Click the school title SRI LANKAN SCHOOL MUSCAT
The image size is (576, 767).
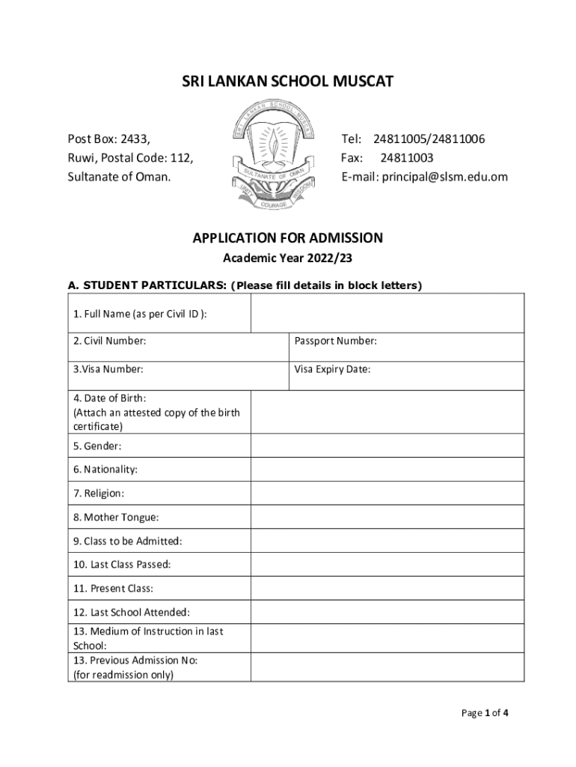(288, 81)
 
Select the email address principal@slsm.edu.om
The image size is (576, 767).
(424, 177)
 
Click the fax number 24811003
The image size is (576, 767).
(406, 158)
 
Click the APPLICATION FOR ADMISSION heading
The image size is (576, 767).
(288, 238)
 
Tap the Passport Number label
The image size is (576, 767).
(335, 342)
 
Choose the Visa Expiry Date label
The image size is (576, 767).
(332, 369)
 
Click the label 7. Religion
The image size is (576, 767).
(99, 494)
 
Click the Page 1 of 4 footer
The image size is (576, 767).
(485, 713)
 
